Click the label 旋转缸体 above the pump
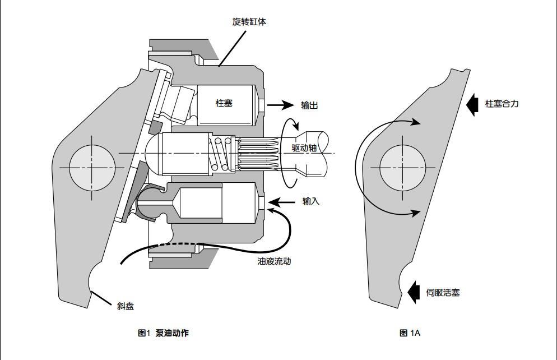(x=249, y=22)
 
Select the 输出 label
(x=310, y=105)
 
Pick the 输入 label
(x=311, y=201)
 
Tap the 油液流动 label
(x=274, y=261)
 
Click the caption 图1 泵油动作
(x=163, y=333)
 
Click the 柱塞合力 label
(x=502, y=104)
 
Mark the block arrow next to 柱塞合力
(x=472, y=104)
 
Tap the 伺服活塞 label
(x=443, y=292)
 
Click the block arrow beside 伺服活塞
(x=414, y=292)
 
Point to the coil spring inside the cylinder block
(x=221, y=154)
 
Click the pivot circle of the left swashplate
(x=92, y=167)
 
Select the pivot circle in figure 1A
(x=402, y=167)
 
